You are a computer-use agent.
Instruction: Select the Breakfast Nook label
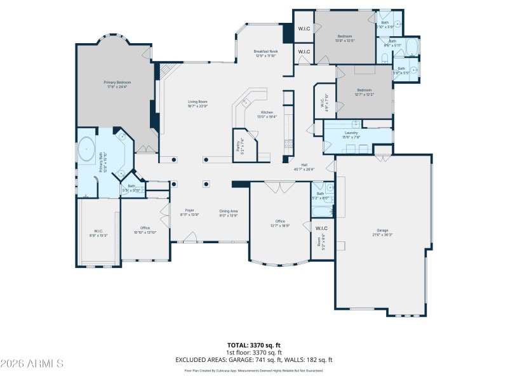265,51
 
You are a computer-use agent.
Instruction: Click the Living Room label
197,102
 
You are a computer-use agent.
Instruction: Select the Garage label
382,231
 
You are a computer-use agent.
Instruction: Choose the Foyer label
189,210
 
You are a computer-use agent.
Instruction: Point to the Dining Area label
229,211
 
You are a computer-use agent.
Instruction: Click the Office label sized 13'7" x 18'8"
280,222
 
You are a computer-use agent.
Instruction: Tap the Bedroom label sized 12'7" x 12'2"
364,90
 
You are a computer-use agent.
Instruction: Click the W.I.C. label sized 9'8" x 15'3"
98,231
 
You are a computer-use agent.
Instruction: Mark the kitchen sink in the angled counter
246,102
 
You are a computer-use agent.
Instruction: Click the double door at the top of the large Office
274,187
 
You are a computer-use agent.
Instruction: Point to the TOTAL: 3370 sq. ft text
254,345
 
